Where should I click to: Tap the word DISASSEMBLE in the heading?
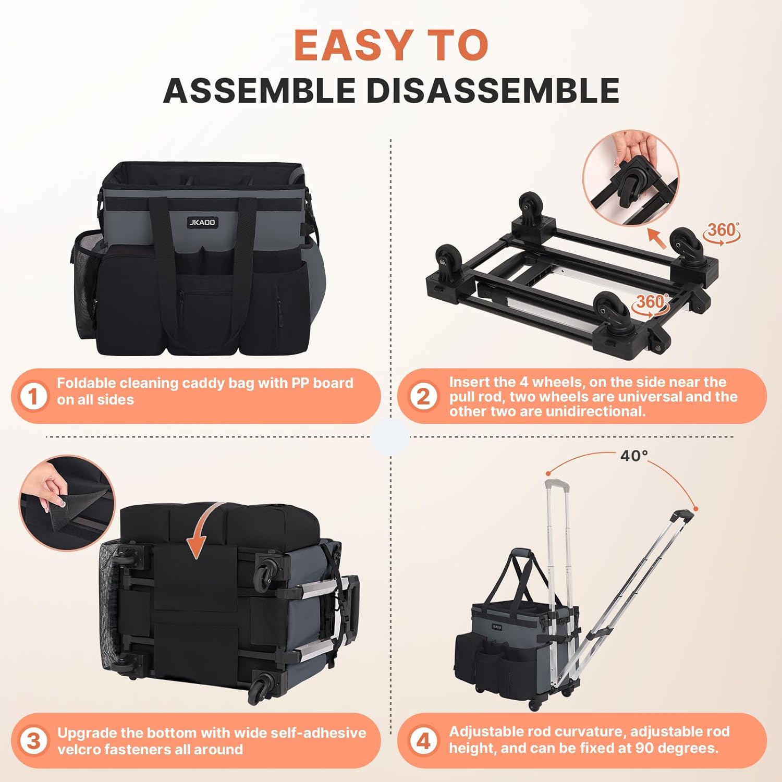(493, 90)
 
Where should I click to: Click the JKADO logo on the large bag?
(202, 223)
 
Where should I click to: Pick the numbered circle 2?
(423, 397)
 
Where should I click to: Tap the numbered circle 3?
(33, 741)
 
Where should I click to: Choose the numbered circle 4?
(423, 741)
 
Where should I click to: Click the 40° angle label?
(634, 456)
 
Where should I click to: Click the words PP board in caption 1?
(322, 383)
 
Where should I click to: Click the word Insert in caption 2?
(470, 382)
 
